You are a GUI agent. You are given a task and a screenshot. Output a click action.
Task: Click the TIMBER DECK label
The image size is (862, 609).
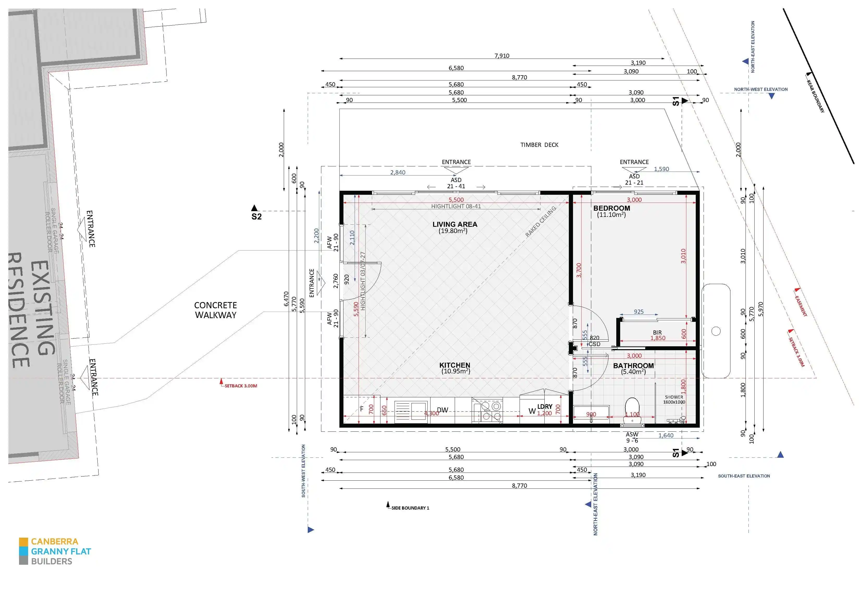539,145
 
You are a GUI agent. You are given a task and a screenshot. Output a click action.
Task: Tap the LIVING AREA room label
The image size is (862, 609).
455,224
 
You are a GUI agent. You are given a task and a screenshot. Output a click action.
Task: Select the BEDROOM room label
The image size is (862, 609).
612,208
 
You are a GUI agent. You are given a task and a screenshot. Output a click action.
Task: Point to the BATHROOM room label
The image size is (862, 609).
633,366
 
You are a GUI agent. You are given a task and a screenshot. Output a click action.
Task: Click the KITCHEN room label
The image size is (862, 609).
455,365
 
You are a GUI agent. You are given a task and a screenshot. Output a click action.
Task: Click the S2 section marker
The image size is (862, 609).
256,217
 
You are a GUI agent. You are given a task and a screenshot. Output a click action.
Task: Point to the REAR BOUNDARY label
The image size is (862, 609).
815,96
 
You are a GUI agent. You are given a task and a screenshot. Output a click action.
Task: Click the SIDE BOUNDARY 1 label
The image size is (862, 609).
410,508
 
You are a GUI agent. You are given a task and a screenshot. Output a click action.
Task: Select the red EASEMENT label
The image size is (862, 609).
801,306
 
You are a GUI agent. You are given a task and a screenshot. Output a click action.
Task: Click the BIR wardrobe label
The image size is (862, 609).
657,332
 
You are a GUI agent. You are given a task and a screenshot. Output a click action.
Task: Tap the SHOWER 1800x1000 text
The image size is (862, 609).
674,399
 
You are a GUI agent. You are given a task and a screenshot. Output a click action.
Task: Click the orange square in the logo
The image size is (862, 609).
23,542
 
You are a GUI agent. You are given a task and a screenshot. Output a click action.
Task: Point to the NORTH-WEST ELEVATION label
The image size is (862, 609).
761,89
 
